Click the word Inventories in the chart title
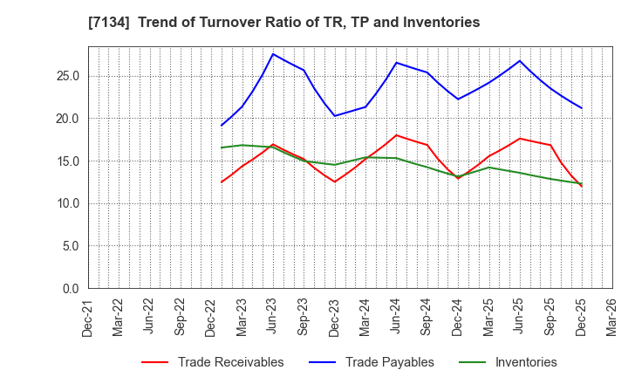(441, 23)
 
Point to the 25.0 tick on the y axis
(68, 77)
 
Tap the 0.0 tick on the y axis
(72, 289)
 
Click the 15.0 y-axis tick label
(68, 161)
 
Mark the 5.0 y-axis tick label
(72, 246)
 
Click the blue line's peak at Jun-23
(273, 54)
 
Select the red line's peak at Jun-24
(396, 135)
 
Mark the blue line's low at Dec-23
(335, 116)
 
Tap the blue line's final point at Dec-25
(581, 108)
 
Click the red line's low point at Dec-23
(335, 182)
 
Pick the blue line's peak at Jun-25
(520, 61)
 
